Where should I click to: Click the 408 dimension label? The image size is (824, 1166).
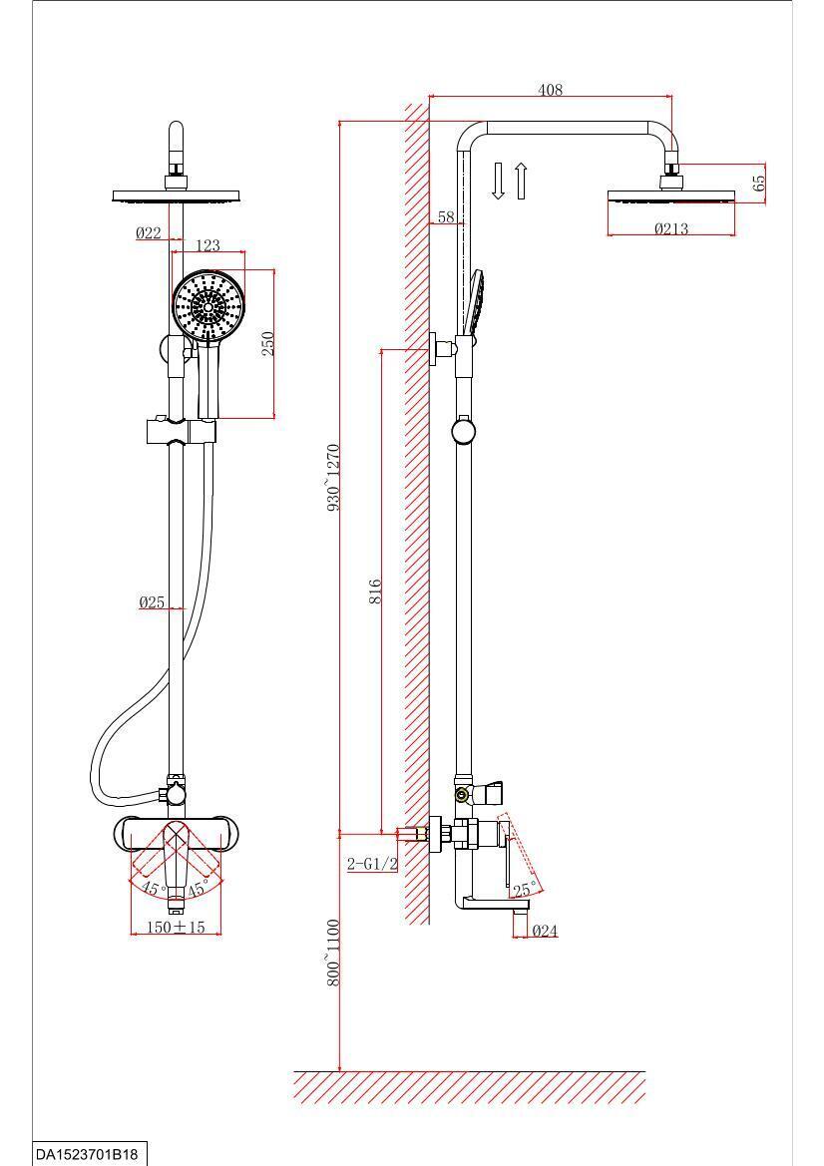coord(550,90)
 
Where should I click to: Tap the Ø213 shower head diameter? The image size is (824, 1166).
coord(670,228)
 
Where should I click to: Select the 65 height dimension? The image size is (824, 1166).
coord(758,183)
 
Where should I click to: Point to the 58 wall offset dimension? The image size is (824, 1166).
coord(446,217)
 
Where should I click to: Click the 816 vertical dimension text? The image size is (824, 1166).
coord(375,591)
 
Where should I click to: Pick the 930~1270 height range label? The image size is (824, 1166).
coord(333,477)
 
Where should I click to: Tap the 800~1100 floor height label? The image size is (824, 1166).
coord(333,954)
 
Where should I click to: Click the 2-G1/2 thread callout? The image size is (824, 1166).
coord(372,864)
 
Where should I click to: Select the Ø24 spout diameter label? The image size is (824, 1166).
coord(545,931)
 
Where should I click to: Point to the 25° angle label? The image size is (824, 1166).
coord(525,890)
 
